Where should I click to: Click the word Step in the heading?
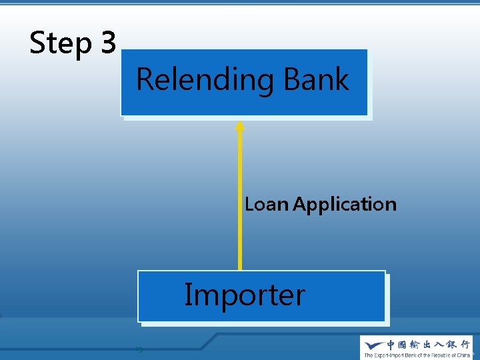pyautogui.click(x=61, y=44)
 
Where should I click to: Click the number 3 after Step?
pyautogui.click(x=109, y=43)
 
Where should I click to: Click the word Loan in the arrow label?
pyautogui.click(x=267, y=204)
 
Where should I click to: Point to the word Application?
pyautogui.click(x=345, y=205)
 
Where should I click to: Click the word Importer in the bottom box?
pyautogui.click(x=245, y=295)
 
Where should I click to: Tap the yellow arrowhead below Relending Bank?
pyautogui.click(x=240, y=125)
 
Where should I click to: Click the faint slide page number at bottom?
pyautogui.click(x=139, y=349)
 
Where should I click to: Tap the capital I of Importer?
pyautogui.click(x=188, y=294)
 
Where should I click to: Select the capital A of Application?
pyautogui.click(x=299, y=204)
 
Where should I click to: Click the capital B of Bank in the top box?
pyautogui.click(x=293, y=79)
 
